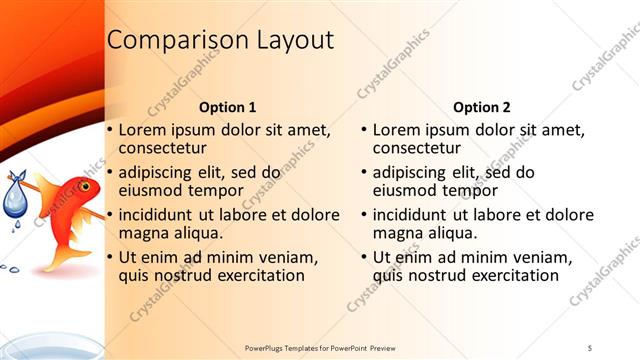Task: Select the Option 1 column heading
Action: [x=227, y=107]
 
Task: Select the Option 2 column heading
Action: [x=481, y=107]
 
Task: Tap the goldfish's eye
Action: [x=86, y=186]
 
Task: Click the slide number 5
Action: [x=589, y=346]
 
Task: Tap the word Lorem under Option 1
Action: [x=143, y=130]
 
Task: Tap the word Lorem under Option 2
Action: [x=397, y=130]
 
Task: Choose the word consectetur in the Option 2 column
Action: [x=415, y=149]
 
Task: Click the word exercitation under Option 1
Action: [x=254, y=276]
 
